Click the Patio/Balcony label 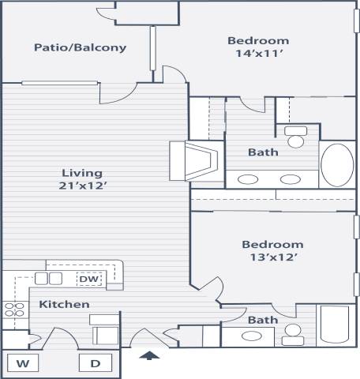coord(80,47)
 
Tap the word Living coord(83,173)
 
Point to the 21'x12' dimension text coord(83,186)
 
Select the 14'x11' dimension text coord(258,54)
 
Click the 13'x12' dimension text coord(272,257)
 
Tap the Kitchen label coord(64,304)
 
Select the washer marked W coord(23,363)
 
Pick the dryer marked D coord(96,363)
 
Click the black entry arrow coord(148,356)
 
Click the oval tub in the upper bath coord(337,163)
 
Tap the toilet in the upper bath coord(296,137)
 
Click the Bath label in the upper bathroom coord(262,152)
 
